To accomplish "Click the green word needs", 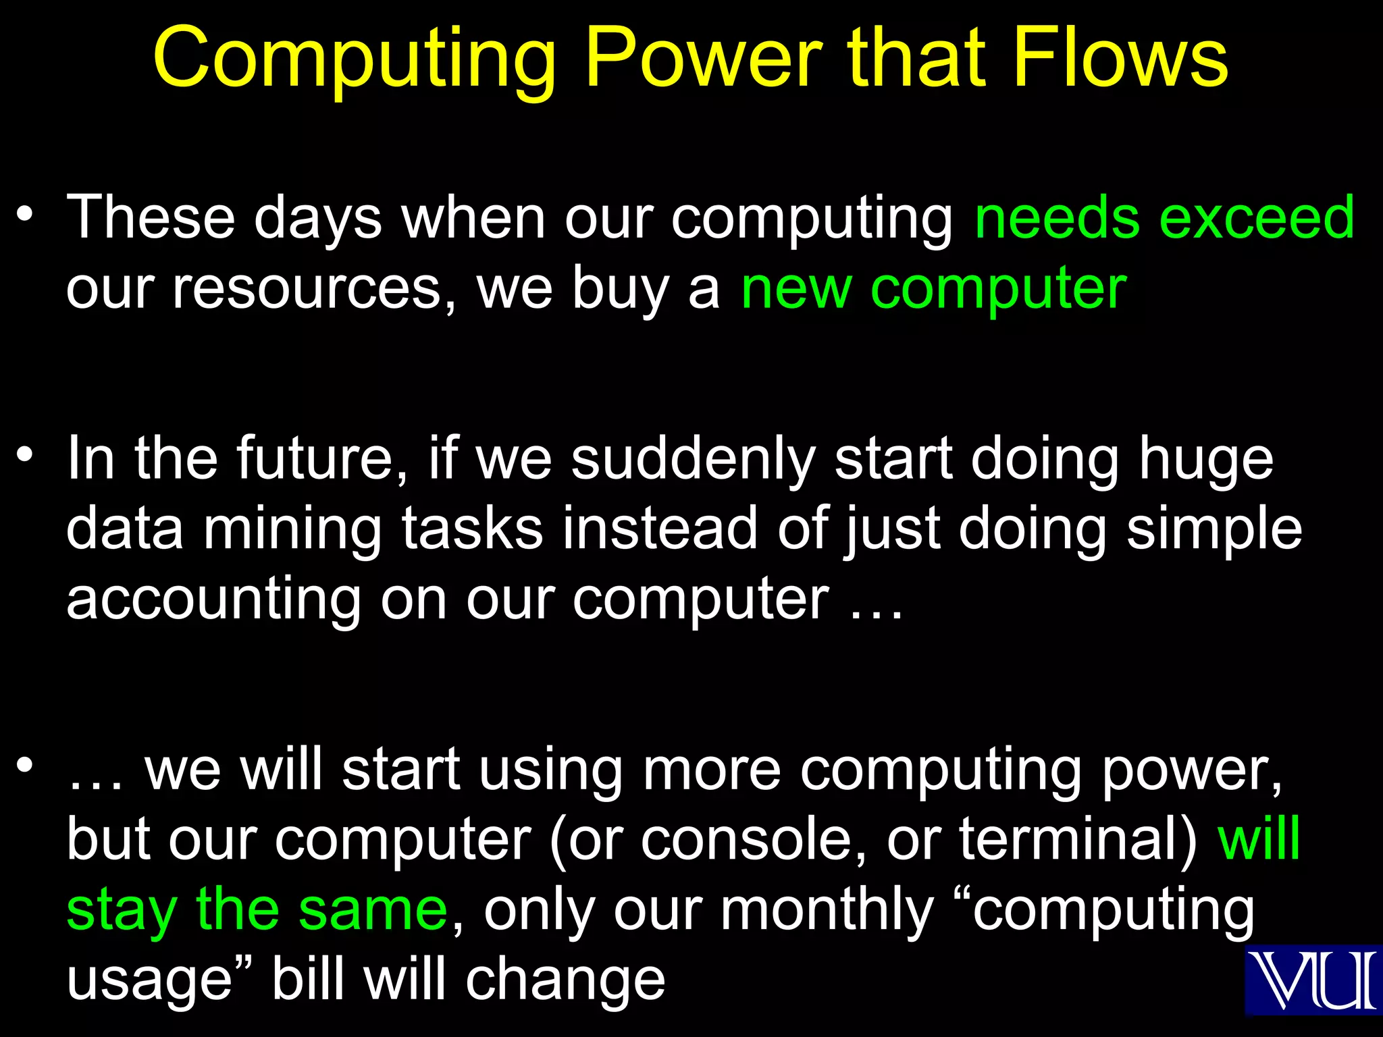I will click(1058, 217).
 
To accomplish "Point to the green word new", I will click(795, 289).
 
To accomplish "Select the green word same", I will click(373, 910).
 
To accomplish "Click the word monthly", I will click(827, 910).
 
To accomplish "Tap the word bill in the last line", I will click(309, 980).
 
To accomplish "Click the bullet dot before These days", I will click(26, 215).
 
